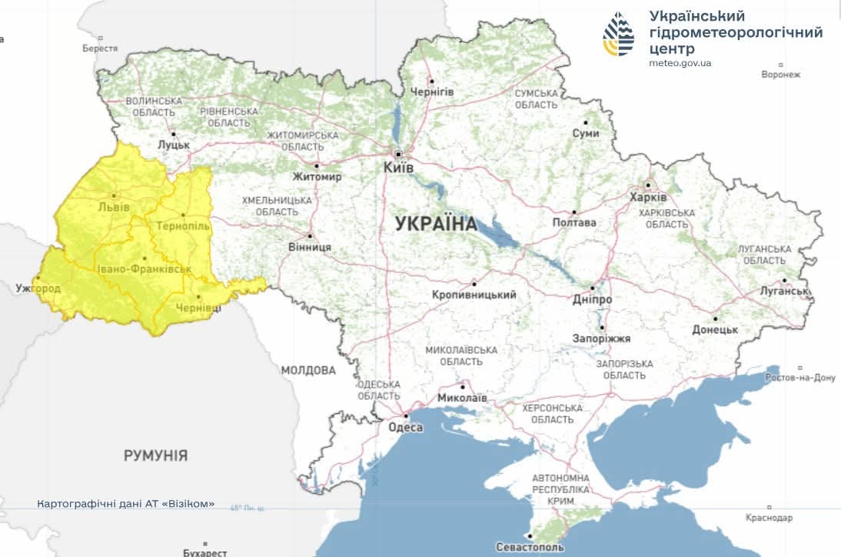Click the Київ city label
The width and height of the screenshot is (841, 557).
399,167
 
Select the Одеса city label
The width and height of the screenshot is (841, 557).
405,428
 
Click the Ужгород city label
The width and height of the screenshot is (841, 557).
38,289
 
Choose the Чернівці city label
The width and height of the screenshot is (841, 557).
198,308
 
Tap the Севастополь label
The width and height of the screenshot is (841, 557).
530,547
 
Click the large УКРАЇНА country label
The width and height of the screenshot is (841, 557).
436,224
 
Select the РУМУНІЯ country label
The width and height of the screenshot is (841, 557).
155,455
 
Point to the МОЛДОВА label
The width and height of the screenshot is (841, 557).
308,370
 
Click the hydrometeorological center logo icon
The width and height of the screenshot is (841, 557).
619,35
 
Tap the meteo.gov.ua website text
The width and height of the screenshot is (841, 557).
680,63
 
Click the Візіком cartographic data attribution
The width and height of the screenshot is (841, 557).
126,504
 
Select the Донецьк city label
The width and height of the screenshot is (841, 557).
715,329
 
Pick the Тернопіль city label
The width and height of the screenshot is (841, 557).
182,226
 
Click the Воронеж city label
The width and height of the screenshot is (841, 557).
781,75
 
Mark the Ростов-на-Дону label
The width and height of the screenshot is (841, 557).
800,378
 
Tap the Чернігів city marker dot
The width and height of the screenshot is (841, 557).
432,81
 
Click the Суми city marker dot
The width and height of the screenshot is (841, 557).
586,122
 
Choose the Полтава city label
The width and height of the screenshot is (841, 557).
574,222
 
